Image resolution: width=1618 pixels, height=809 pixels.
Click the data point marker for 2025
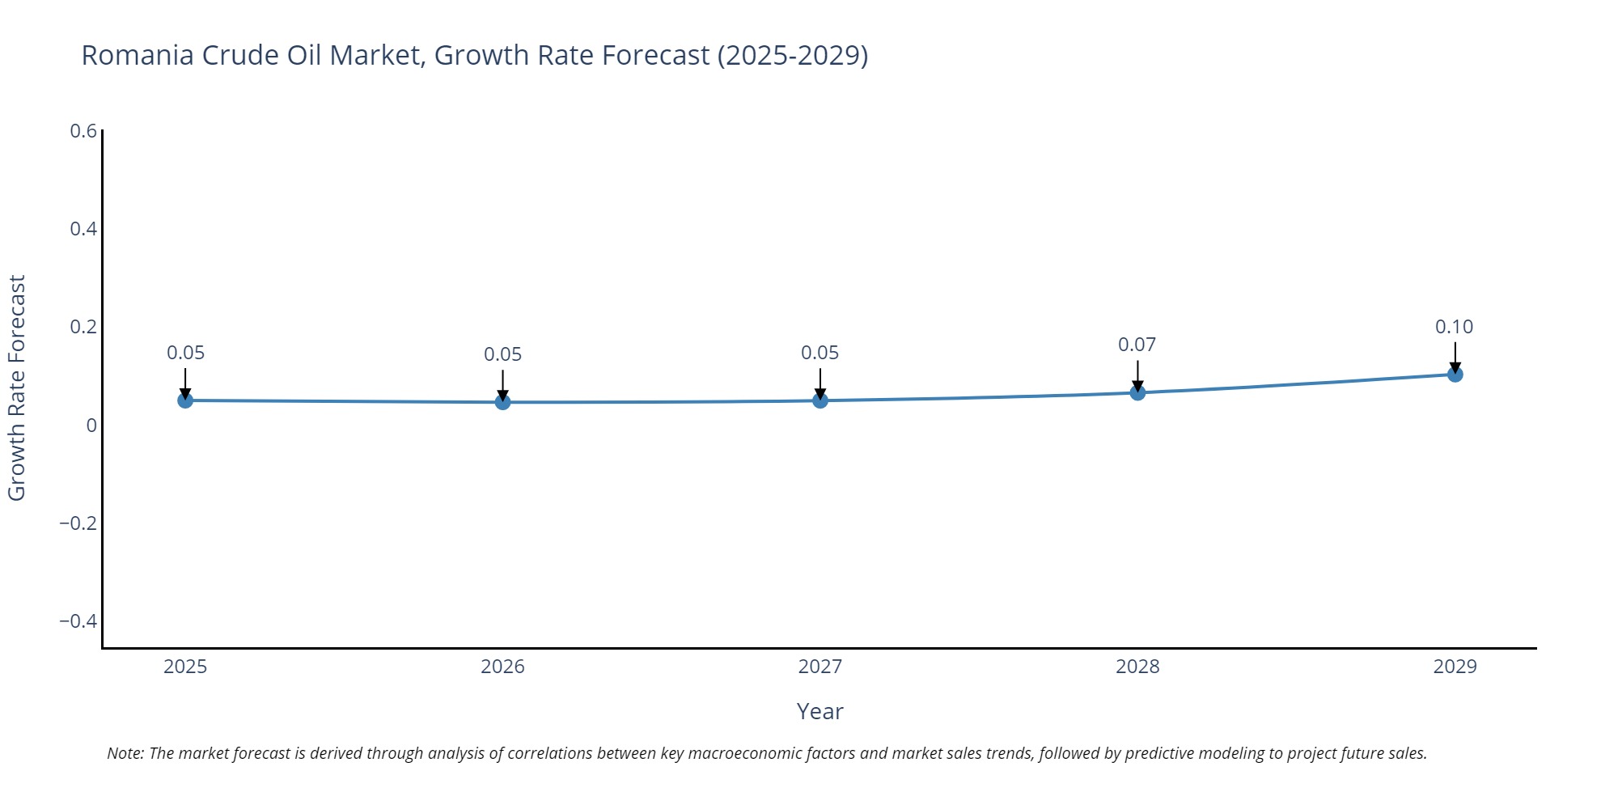tap(185, 400)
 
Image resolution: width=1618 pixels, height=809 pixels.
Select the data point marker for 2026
tap(502, 402)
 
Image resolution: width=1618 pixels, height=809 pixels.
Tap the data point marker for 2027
tap(820, 400)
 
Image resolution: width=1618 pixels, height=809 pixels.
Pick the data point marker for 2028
tap(1137, 392)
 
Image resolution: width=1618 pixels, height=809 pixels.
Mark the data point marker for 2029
tap(1455, 374)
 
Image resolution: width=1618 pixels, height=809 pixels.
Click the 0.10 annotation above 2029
tap(1454, 327)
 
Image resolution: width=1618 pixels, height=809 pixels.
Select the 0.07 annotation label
tap(1137, 345)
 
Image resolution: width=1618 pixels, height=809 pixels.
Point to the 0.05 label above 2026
tap(502, 354)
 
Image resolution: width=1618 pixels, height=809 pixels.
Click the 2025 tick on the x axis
tap(185, 667)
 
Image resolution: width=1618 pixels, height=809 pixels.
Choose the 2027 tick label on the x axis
tap(820, 667)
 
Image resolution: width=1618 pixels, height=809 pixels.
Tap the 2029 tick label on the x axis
tap(1455, 667)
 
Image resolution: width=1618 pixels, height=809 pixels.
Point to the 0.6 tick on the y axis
tap(83, 131)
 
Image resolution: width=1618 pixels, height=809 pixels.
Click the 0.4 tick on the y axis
tap(83, 229)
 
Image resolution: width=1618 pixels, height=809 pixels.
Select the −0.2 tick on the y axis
tap(78, 523)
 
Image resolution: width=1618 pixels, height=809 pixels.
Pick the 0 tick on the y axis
tap(91, 426)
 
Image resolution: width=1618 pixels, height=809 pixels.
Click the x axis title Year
tap(820, 711)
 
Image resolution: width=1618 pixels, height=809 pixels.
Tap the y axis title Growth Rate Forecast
tap(17, 388)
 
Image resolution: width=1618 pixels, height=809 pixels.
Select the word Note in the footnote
tap(125, 753)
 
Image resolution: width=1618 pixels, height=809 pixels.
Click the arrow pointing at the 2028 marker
tap(1137, 375)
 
